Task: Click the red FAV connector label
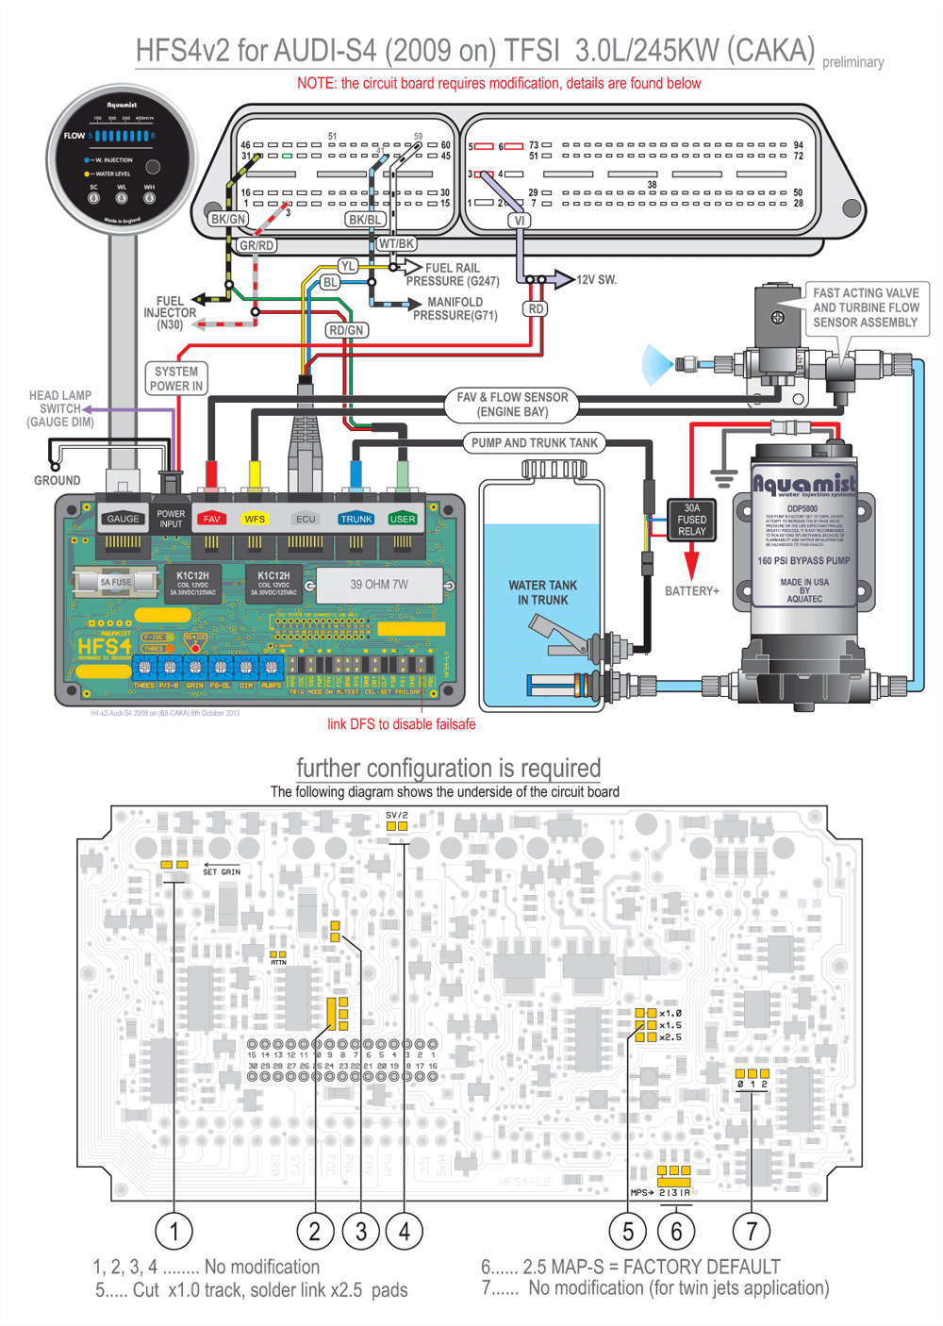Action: [211, 519]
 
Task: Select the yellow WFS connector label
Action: [255, 519]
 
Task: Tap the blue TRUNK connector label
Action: [356, 519]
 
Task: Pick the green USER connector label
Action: [403, 519]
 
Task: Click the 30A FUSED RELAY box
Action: [691, 520]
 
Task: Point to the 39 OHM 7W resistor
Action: [379, 585]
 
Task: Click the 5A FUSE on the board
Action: [116, 582]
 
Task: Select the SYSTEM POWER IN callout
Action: [176, 379]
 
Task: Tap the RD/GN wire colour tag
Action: [346, 330]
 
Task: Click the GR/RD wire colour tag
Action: [256, 245]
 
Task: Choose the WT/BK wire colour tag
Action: [396, 243]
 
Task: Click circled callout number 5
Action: [628, 1231]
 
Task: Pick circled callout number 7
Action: [752, 1231]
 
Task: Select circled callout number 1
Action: [174, 1231]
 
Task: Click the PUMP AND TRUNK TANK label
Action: [534, 442]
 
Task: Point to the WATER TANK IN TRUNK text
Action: [542, 592]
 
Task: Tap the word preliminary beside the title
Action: [852, 62]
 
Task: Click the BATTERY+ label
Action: [691, 591]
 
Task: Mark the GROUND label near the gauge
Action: [57, 480]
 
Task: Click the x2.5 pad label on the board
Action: [670, 1037]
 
